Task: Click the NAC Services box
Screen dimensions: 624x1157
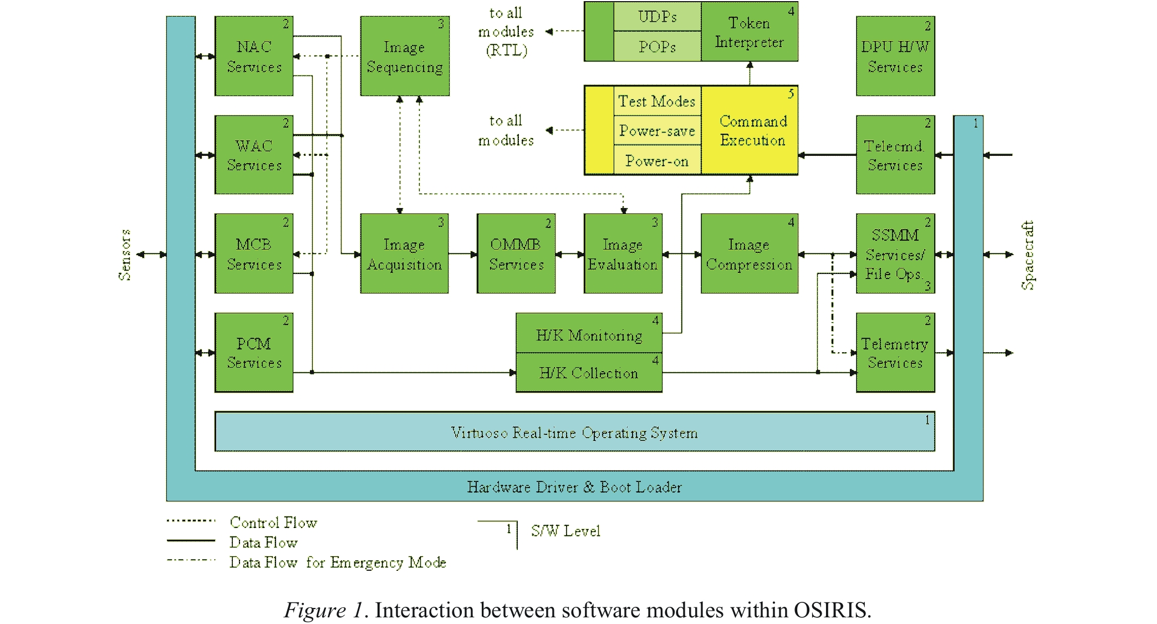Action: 254,56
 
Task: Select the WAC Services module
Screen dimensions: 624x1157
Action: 254,155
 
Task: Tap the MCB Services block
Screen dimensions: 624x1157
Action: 254,253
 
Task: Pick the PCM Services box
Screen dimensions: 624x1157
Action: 254,353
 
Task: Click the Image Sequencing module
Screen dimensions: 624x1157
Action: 405,56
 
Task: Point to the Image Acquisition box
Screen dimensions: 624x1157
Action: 404,253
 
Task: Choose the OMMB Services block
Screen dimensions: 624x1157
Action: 516,253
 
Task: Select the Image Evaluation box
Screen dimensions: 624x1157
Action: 623,253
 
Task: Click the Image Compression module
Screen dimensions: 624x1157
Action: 749,253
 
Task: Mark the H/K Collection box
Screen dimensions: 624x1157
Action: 589,373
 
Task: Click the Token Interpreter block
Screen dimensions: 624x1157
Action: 749,32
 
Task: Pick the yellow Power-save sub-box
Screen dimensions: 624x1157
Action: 657,131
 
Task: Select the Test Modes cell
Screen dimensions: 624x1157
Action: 657,101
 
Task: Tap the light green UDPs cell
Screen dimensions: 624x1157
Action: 657,17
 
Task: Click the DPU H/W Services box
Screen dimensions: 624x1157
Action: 895,56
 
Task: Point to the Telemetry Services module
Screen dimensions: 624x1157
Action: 895,353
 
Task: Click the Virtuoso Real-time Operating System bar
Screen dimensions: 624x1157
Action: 574,432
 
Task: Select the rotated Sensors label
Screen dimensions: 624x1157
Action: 125,255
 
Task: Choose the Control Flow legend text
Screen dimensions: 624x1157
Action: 273,522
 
